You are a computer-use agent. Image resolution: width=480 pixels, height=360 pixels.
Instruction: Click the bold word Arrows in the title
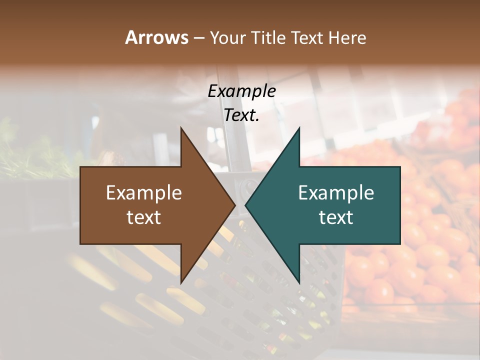pos(156,37)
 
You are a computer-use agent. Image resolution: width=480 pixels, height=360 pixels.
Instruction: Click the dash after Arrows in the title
pos(198,38)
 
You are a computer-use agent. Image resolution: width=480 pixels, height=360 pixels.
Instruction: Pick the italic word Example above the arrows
pos(241,91)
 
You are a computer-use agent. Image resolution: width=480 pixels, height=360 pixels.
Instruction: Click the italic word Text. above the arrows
pos(241,115)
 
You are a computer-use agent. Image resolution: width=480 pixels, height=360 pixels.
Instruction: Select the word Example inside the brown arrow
pos(144,193)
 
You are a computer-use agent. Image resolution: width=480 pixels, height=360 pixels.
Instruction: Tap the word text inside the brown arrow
pos(144,217)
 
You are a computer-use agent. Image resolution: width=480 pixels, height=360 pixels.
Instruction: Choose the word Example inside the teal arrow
pos(336,193)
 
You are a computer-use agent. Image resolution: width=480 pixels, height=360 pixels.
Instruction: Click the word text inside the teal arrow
pos(336,217)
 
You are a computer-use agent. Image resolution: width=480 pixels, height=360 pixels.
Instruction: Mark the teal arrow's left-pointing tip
pos(246,205)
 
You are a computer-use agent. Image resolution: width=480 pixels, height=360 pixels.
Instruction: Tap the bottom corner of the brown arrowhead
pos(181,282)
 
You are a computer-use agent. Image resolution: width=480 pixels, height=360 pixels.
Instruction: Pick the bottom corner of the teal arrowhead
pos(299,282)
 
